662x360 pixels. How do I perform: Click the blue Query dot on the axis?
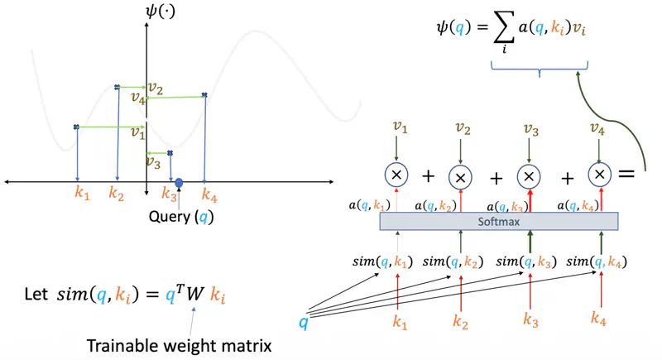point(179,182)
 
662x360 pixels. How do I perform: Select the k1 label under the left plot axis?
point(81,195)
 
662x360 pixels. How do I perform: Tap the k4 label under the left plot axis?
point(209,195)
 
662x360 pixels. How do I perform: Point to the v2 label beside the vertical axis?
point(156,88)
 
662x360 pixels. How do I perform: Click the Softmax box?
point(499,222)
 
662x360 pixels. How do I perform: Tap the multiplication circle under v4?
point(600,175)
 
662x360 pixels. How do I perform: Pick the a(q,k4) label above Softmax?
point(583,205)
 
